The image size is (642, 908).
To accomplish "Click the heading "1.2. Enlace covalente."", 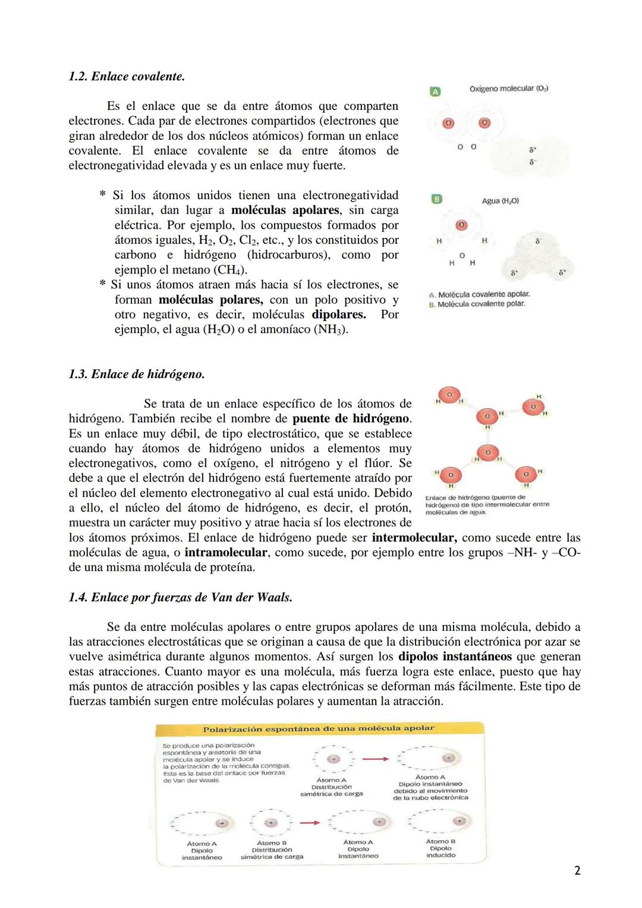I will [x=127, y=77].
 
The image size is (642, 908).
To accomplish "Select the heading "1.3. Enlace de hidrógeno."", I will [x=137, y=374].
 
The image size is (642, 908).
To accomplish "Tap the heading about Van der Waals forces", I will [x=181, y=597].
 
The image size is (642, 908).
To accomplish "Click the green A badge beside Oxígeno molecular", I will [x=435, y=92].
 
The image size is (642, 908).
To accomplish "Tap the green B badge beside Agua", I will [x=436, y=200].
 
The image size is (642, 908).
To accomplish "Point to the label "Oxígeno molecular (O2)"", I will [x=508, y=89].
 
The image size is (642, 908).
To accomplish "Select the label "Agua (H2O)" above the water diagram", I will [x=500, y=201].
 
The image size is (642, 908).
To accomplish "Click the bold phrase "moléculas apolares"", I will [x=285, y=210].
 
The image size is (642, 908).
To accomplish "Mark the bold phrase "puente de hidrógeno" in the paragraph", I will [x=351, y=419].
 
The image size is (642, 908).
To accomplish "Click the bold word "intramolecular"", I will [x=226, y=552].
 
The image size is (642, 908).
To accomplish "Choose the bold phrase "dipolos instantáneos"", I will [x=455, y=656].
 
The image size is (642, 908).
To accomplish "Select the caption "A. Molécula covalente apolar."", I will [x=479, y=294].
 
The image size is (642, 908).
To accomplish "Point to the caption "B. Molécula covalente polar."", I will [x=477, y=304].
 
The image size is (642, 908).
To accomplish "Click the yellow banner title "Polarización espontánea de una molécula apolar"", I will [x=319, y=728].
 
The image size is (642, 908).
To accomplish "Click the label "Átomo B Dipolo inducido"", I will [x=440, y=848].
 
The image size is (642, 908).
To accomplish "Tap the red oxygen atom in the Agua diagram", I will [x=461, y=225].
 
